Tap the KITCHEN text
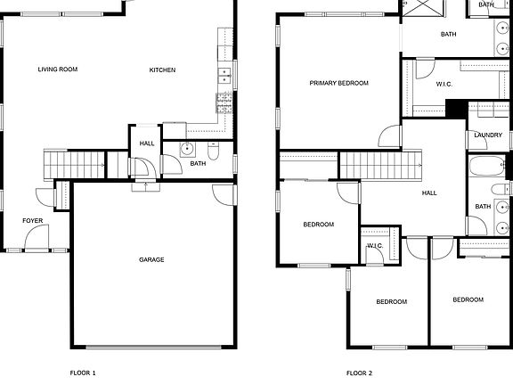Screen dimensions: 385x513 [162, 70]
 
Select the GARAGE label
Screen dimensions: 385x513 [151, 259]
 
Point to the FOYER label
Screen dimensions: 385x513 [32, 219]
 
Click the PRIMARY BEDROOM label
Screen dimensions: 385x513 [338, 83]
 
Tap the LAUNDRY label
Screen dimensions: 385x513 [487, 135]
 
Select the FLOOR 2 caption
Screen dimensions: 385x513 [359, 373]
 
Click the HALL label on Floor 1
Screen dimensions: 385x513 [146, 142]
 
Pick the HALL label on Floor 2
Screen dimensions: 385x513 [429, 192]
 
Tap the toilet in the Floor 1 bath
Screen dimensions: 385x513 [214, 150]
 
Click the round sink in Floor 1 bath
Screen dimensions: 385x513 [188, 149]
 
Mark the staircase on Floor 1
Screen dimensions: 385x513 [61, 164]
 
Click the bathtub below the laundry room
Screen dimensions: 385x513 [487, 167]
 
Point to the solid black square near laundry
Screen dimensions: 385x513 [455, 109]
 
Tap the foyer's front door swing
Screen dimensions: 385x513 [37, 238]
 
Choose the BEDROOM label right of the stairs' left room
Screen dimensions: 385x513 [318, 225]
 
